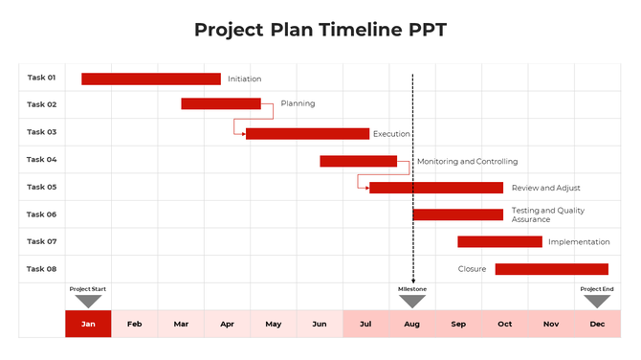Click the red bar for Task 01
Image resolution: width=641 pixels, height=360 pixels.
tap(150, 79)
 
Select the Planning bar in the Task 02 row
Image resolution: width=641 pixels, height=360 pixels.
tap(221, 103)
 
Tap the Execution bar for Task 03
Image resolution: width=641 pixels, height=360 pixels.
tap(307, 134)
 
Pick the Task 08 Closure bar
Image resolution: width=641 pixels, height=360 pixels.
tap(551, 269)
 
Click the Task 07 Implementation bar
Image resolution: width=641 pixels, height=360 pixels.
tap(499, 242)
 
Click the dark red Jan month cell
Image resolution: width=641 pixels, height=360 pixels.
tap(88, 324)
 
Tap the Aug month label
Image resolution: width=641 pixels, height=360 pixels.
tap(412, 324)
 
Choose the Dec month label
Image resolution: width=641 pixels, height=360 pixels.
tap(597, 324)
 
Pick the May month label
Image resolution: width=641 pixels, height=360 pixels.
tap(274, 324)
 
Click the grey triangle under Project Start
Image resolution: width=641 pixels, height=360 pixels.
tap(88, 302)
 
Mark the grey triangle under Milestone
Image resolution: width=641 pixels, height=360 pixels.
tap(412, 302)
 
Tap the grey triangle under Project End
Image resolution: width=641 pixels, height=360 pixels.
tap(597, 302)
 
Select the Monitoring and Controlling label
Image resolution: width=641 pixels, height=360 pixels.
tap(467, 162)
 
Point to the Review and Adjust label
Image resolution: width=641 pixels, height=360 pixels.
tap(545, 188)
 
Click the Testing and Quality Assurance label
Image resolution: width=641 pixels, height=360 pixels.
tap(547, 214)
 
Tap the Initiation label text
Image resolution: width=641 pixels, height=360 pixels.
tap(244, 79)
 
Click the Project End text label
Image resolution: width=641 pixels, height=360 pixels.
tap(597, 288)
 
